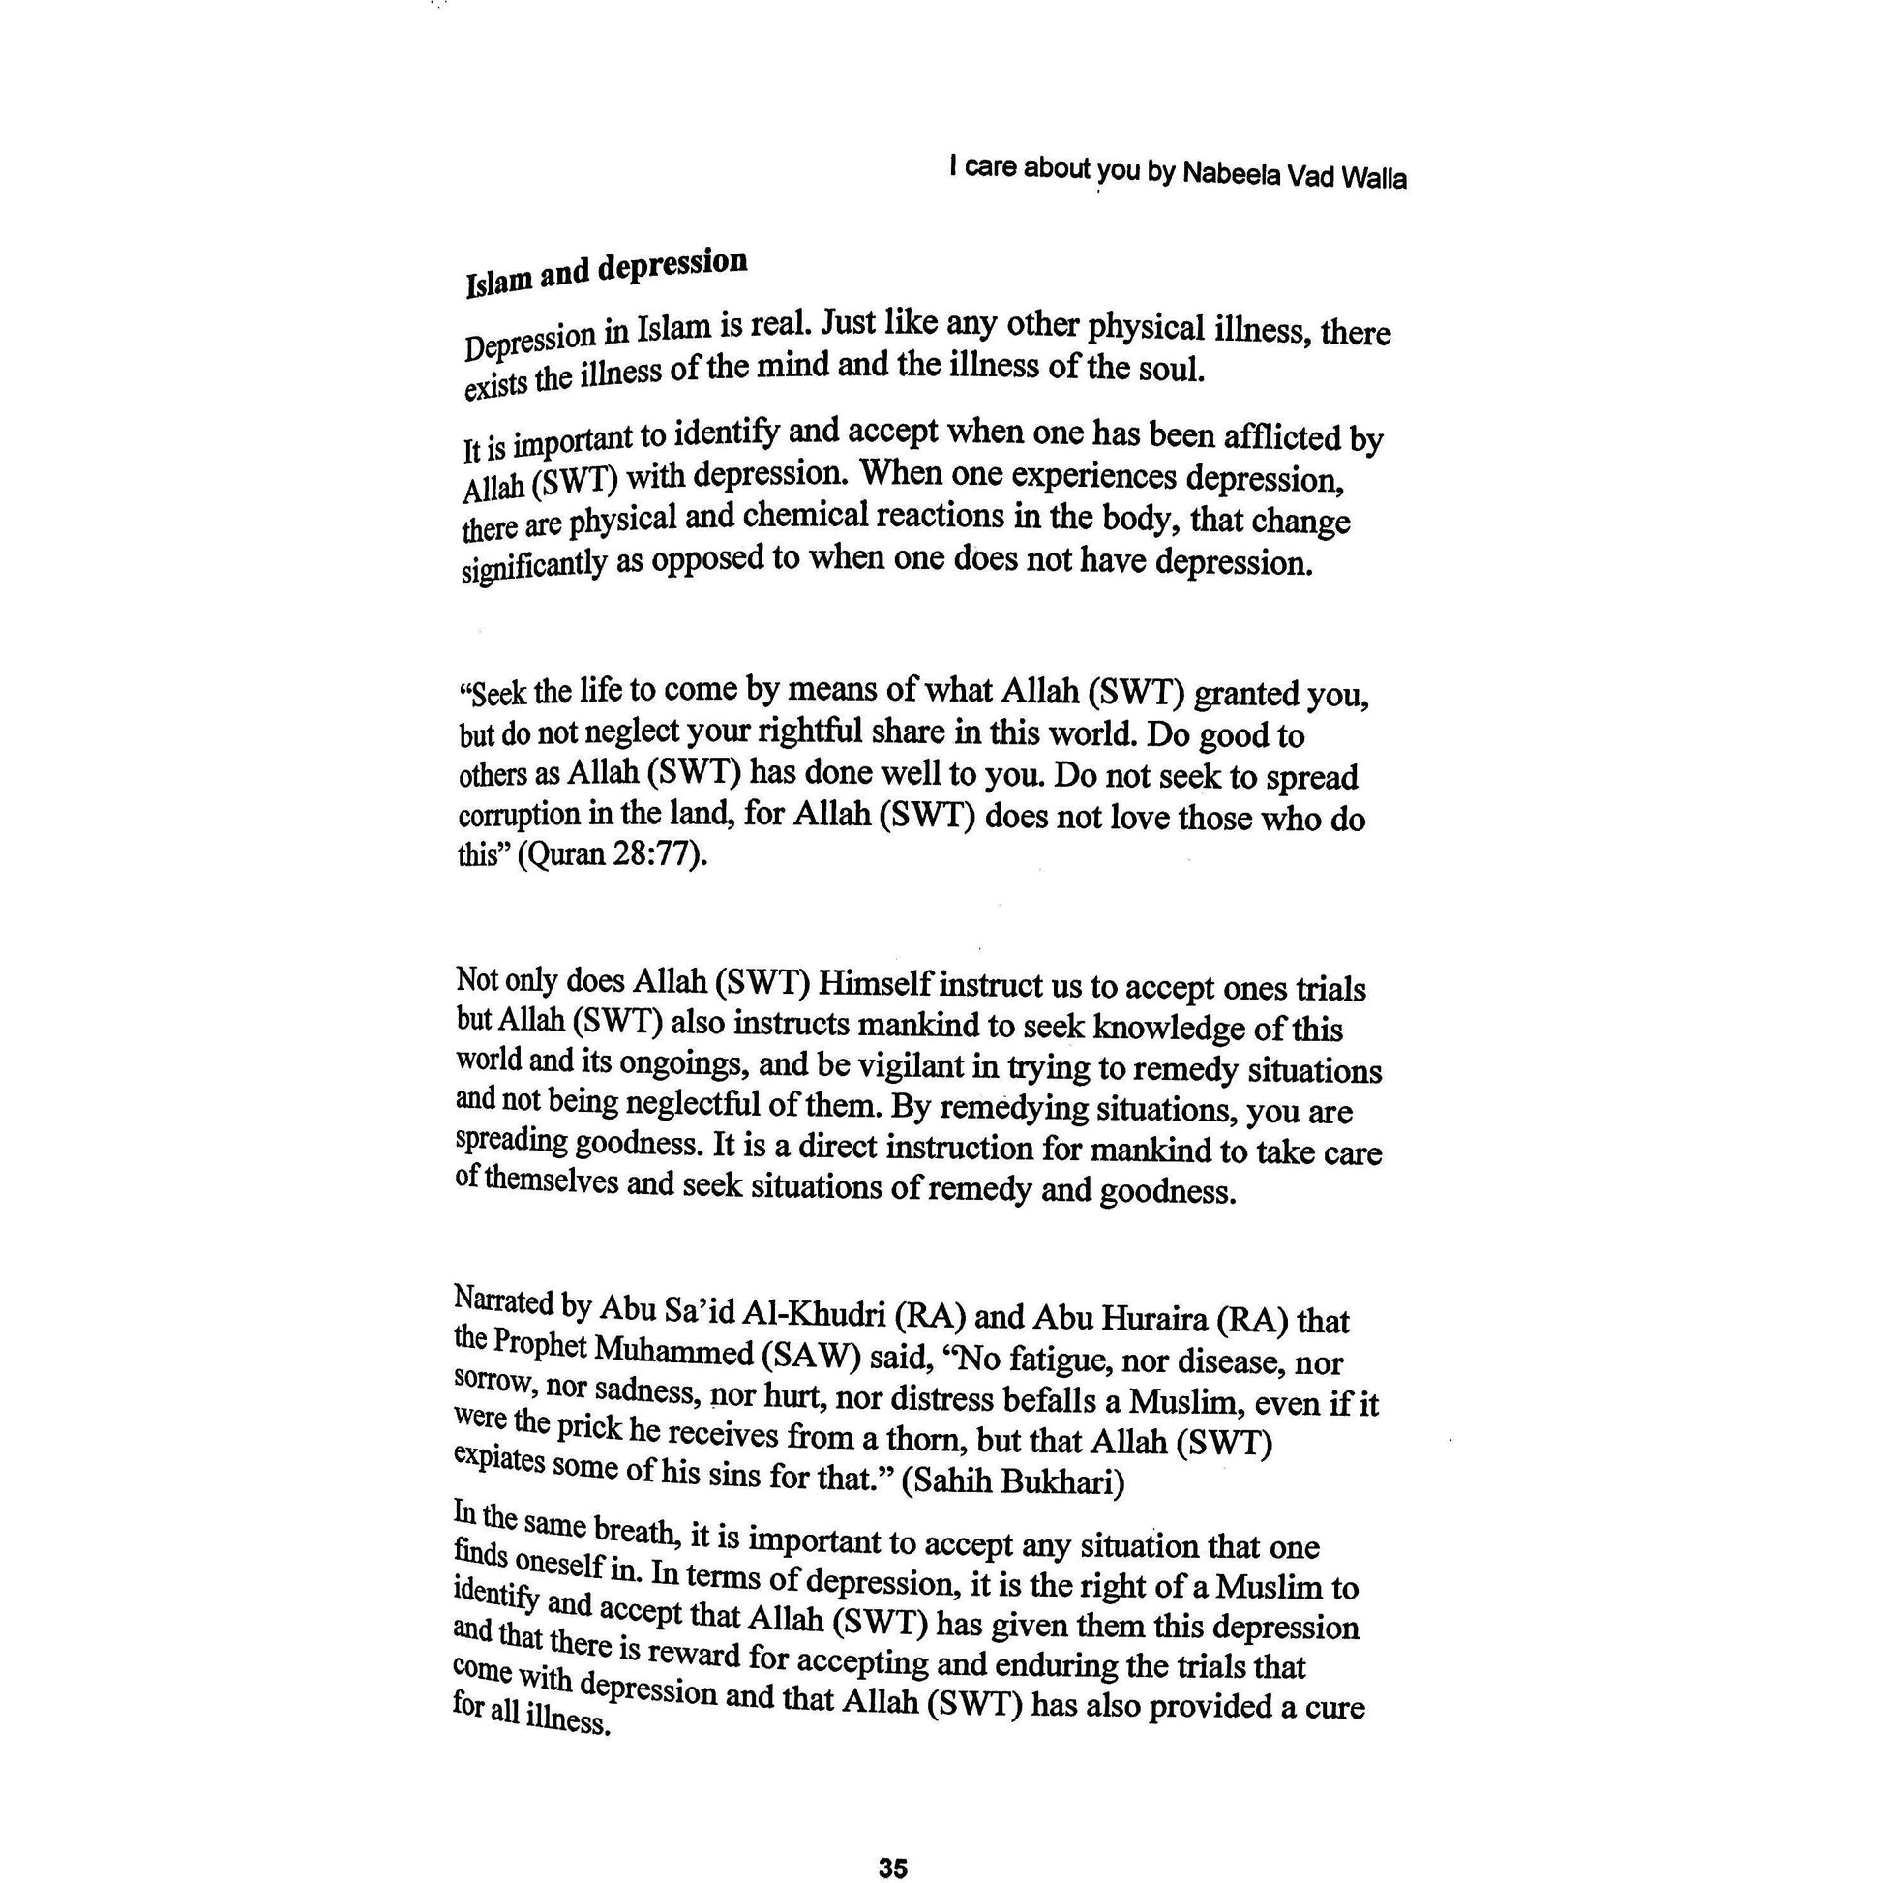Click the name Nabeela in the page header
coord(1231,174)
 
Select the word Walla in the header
coord(1374,178)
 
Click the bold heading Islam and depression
coord(607,271)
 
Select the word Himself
coord(875,983)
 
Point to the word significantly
coord(533,566)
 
